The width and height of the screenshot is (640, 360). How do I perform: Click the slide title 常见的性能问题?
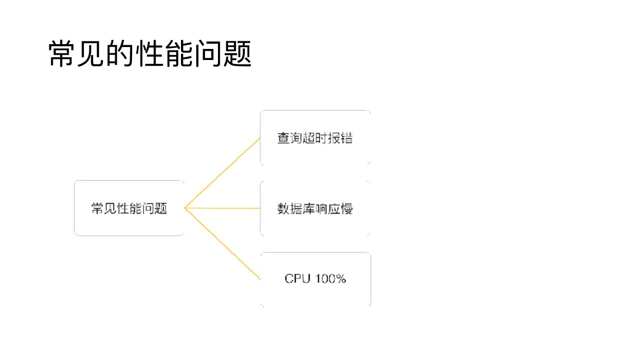click(150, 53)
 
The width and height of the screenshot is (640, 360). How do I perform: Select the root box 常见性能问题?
click(129, 208)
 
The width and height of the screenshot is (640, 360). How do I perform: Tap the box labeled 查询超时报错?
click(315, 138)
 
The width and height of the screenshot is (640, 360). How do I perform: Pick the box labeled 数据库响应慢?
click(315, 208)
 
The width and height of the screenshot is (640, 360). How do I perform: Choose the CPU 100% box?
click(315, 279)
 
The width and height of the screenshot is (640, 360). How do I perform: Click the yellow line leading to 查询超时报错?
click(222, 173)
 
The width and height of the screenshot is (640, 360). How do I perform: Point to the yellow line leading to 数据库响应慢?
click(222, 208)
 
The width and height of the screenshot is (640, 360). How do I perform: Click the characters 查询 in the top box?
click(290, 138)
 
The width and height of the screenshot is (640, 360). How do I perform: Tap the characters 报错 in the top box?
click(340, 138)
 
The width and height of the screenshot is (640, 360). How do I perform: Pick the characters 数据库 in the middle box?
click(296, 209)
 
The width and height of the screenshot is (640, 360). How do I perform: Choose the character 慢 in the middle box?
click(347, 209)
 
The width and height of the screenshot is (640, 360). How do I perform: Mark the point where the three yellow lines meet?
click(185, 208)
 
